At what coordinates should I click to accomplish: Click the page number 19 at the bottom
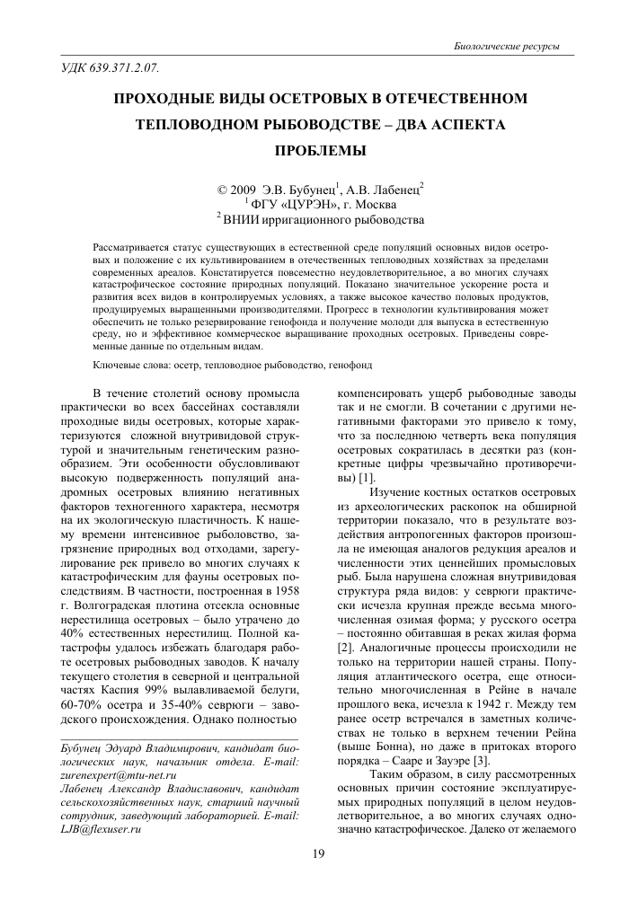(318, 853)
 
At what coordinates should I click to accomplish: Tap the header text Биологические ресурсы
(508, 46)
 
